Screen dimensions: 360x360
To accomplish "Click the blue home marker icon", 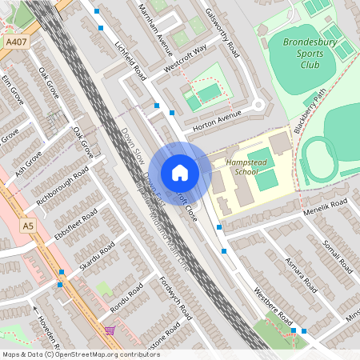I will point(179,173).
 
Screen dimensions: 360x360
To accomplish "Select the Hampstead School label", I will point(251,166).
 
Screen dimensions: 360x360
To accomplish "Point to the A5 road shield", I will point(28,226).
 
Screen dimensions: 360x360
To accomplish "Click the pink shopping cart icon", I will point(110,329).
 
